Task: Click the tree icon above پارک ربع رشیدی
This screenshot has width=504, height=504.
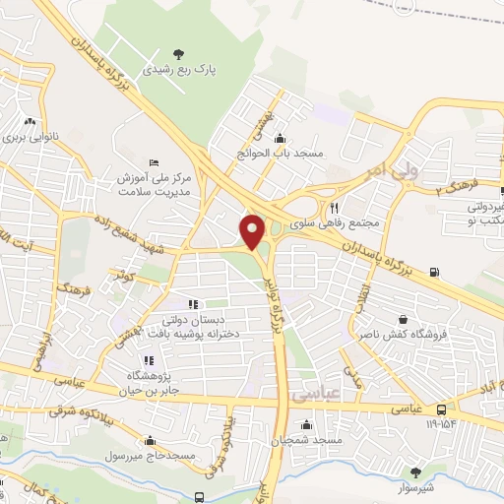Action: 178,52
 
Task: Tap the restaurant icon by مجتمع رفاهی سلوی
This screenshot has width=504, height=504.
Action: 335,208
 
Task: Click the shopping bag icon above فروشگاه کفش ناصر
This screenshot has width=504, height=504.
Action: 404,318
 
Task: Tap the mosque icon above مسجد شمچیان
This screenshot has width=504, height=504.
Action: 308,424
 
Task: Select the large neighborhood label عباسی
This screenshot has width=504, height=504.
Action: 314,393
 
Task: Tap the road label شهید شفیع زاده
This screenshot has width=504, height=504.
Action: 131,229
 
